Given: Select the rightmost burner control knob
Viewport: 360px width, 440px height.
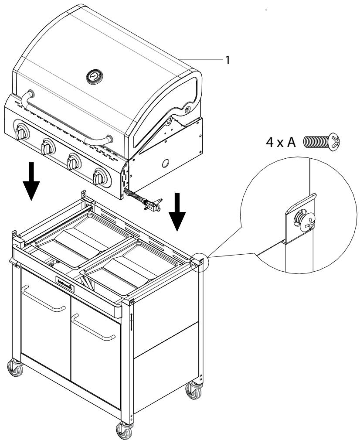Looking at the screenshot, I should [x=99, y=177].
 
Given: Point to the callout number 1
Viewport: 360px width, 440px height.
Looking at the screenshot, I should [x=227, y=61].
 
